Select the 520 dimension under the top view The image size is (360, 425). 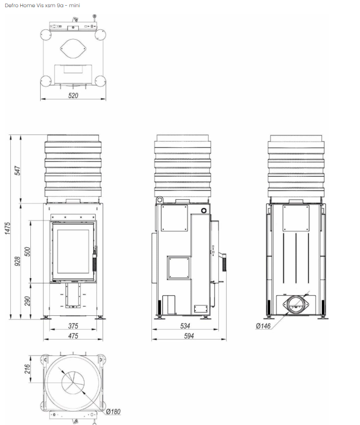click(73, 95)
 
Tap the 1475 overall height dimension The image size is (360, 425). click(7, 227)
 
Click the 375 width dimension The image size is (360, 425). click(73, 326)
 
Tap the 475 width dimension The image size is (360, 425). click(73, 336)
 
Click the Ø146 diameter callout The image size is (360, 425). click(263, 326)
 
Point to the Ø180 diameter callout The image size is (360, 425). click(113, 411)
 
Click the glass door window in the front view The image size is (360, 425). click(73, 251)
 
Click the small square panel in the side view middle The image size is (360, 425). click(179, 267)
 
